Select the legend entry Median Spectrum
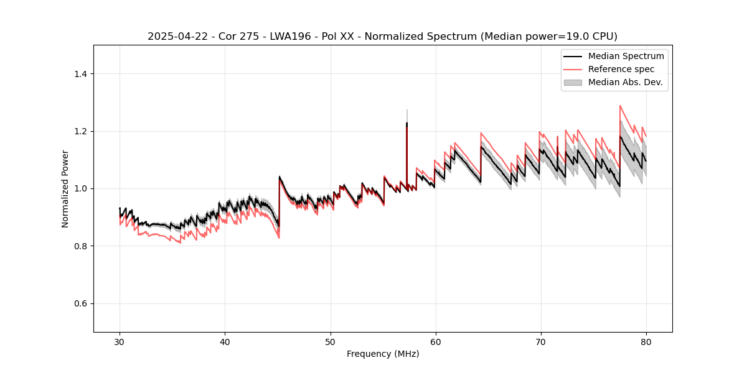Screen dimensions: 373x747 click(x=626, y=56)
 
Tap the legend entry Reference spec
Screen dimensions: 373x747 click(x=621, y=69)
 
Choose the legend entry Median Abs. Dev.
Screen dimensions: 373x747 click(x=625, y=82)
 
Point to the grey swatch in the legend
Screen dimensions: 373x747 click(x=573, y=82)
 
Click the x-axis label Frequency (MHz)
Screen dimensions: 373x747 click(x=383, y=354)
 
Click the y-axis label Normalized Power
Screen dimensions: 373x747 click(x=65, y=188)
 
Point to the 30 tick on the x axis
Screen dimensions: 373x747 click(x=120, y=342)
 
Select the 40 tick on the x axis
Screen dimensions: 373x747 click(x=225, y=342)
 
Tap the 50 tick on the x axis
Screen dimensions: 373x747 click(x=331, y=342)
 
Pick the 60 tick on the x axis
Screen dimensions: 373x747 click(x=436, y=342)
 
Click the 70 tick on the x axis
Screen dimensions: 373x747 click(x=541, y=342)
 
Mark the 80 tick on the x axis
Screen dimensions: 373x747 click(x=646, y=342)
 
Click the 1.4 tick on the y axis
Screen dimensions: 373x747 click(x=80, y=74)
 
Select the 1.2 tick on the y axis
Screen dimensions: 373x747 click(x=80, y=131)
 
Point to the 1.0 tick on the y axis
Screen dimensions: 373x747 click(x=80, y=188)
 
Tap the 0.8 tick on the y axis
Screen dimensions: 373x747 click(x=80, y=246)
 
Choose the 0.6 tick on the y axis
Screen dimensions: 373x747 click(x=80, y=303)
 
